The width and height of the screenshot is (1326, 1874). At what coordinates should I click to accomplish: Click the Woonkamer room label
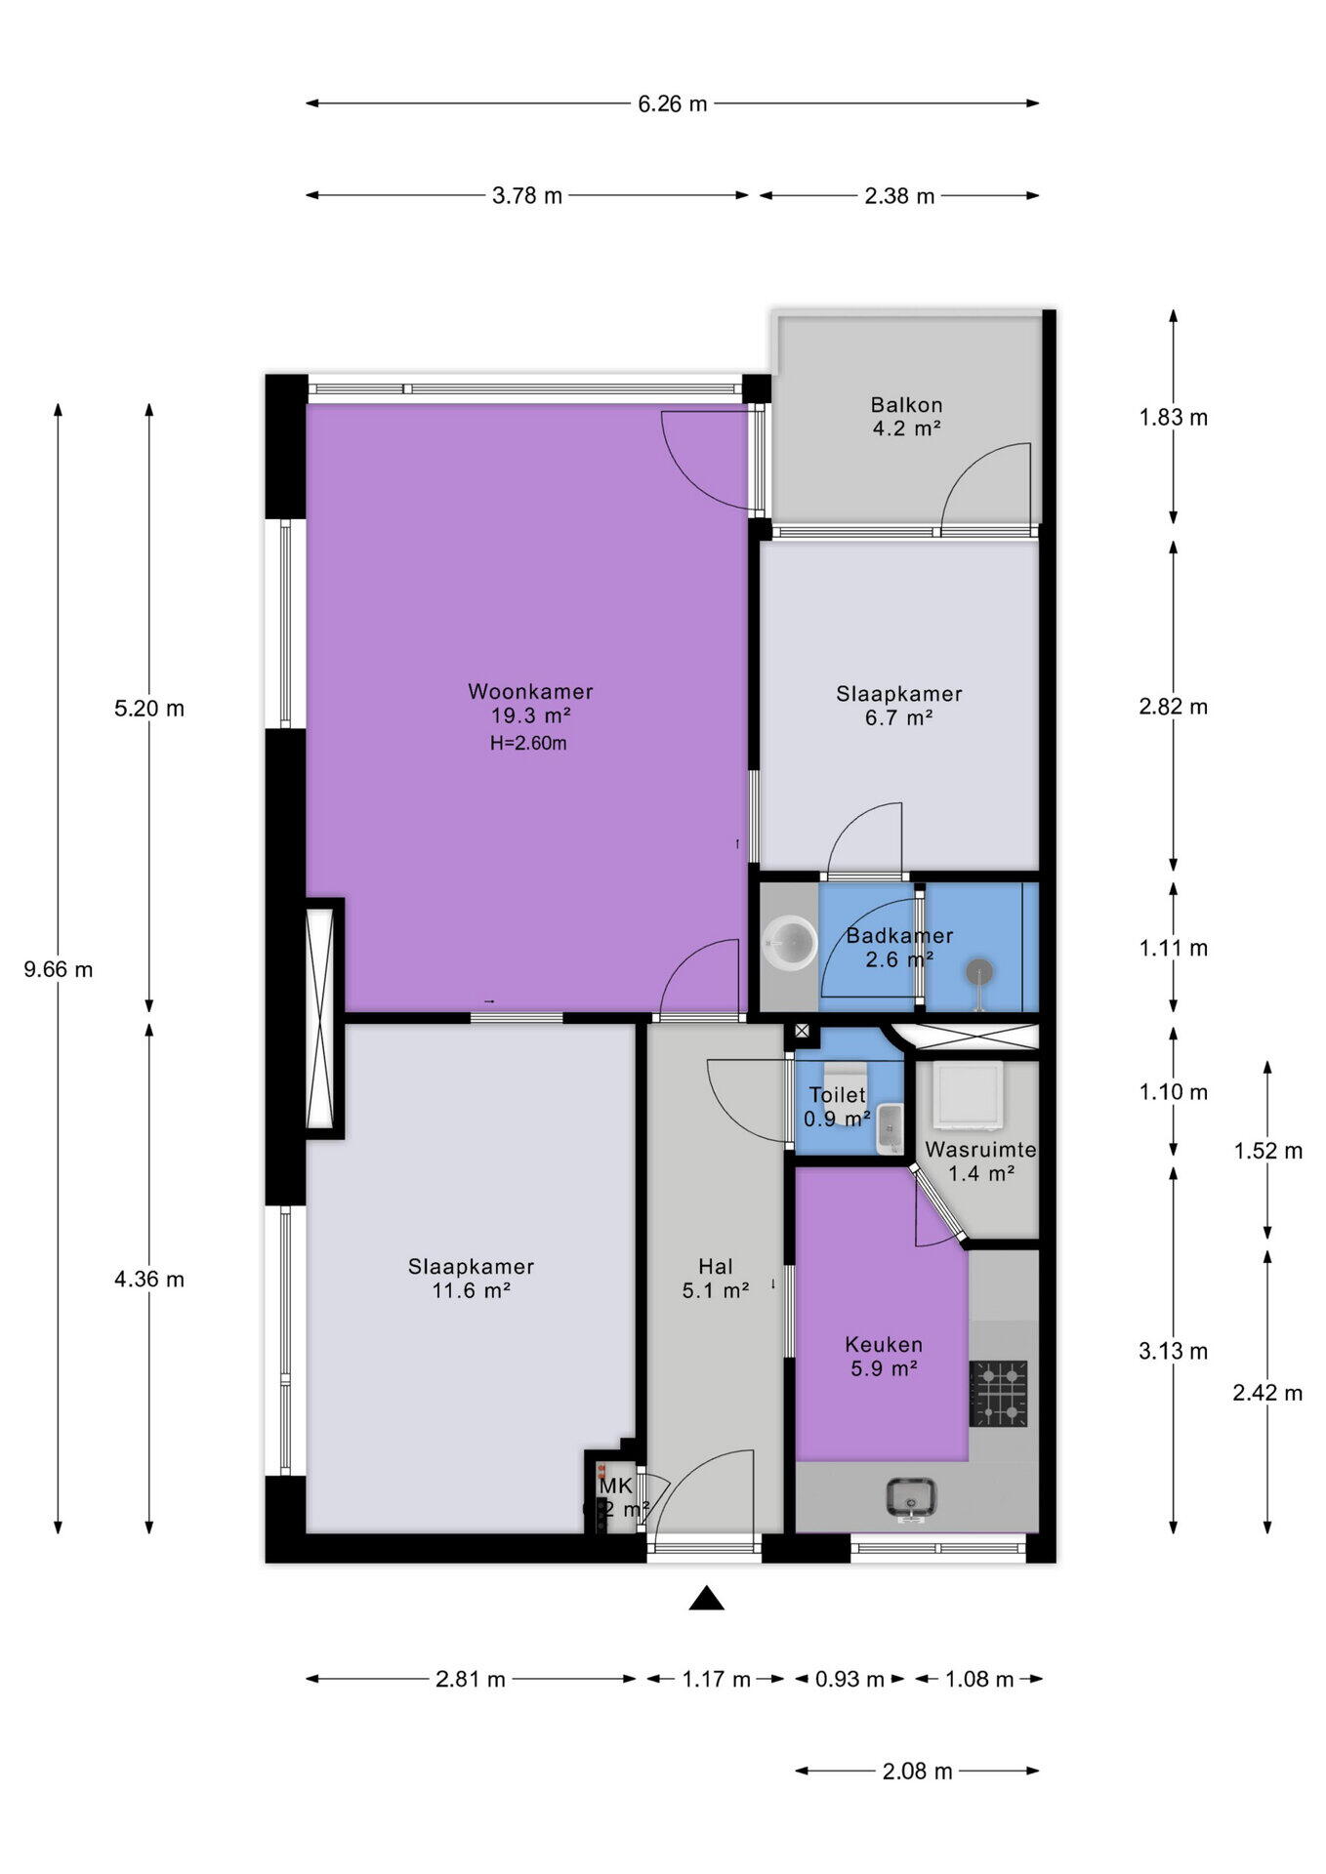click(530, 692)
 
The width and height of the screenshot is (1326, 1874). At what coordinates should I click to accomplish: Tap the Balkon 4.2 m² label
click(906, 416)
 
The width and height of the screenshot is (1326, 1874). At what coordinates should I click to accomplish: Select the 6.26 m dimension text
click(672, 103)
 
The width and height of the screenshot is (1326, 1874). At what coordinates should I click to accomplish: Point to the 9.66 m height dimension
click(59, 969)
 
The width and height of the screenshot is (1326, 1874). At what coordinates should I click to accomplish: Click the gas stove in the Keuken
click(998, 1393)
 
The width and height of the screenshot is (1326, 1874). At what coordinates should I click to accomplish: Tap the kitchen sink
click(911, 1498)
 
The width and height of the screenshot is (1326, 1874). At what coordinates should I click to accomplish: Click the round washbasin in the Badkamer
click(789, 943)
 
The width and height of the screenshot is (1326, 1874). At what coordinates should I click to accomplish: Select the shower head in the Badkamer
click(979, 971)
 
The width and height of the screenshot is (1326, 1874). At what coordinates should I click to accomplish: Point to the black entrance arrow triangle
click(706, 1599)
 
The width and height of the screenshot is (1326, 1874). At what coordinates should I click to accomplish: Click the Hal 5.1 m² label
click(715, 1279)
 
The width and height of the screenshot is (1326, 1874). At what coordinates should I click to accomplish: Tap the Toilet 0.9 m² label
click(837, 1107)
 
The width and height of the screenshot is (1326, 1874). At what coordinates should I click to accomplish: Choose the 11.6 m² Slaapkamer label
click(471, 1279)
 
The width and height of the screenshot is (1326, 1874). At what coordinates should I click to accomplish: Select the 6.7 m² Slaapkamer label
click(898, 706)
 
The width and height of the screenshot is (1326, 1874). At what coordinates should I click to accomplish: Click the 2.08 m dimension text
click(917, 1771)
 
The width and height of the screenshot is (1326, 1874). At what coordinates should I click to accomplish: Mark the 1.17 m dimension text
click(716, 1679)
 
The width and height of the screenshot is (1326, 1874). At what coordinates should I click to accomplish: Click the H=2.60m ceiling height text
click(528, 743)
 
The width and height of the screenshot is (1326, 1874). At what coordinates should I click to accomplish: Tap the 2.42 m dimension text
click(1266, 1393)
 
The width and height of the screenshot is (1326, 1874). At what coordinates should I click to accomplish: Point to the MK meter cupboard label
click(616, 1487)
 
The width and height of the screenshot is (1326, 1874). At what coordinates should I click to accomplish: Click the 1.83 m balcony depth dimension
click(1173, 418)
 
